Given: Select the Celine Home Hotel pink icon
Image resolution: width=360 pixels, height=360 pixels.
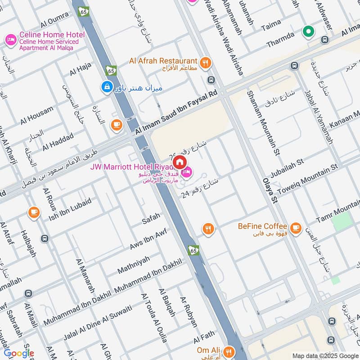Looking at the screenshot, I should (10, 40).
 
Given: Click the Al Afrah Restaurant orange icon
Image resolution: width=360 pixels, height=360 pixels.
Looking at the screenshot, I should (205, 63).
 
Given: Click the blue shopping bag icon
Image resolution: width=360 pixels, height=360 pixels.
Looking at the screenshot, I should (107, 86).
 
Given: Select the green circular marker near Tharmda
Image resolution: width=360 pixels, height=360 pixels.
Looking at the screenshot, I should (308, 31).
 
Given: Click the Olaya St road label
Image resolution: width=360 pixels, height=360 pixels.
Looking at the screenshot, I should (270, 189).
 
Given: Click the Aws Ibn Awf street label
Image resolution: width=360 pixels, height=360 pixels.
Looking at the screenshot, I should (148, 241).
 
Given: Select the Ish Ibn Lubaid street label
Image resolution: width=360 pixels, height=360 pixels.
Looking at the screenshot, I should (70, 210).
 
